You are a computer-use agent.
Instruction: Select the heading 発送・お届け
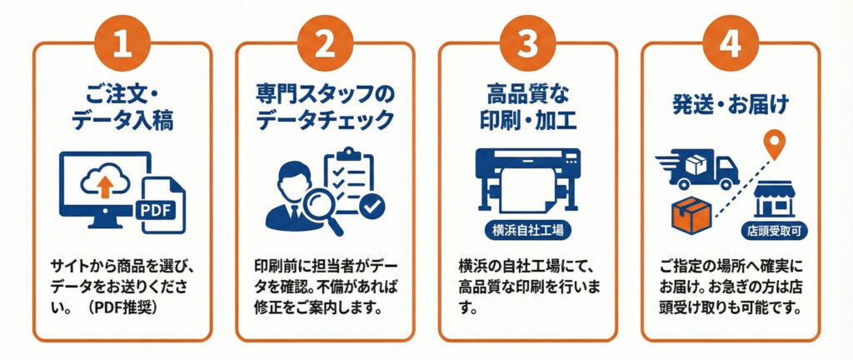pos(730,107)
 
